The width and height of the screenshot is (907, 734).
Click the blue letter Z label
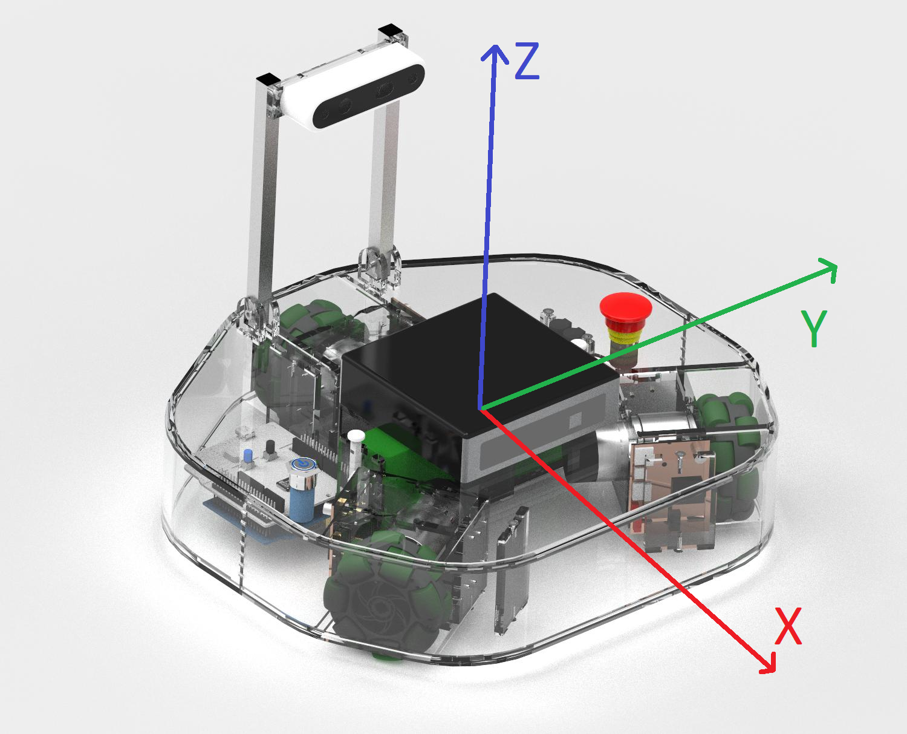pyautogui.click(x=527, y=61)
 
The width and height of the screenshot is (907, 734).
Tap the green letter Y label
pyautogui.click(x=814, y=328)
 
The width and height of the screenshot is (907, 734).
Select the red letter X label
pyautogui.click(x=788, y=626)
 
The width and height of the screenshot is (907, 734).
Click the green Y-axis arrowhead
pyautogui.click(x=828, y=270)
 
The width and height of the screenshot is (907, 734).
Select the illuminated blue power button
pyautogui.click(x=303, y=464)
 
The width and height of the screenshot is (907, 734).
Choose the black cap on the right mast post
pyautogui.click(x=390, y=30)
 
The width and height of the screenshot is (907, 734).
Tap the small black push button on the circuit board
pyautogui.click(x=270, y=448)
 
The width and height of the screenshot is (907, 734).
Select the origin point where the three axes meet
pyautogui.click(x=481, y=410)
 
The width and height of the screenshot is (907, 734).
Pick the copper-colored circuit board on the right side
pyautogui.click(x=671, y=490)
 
